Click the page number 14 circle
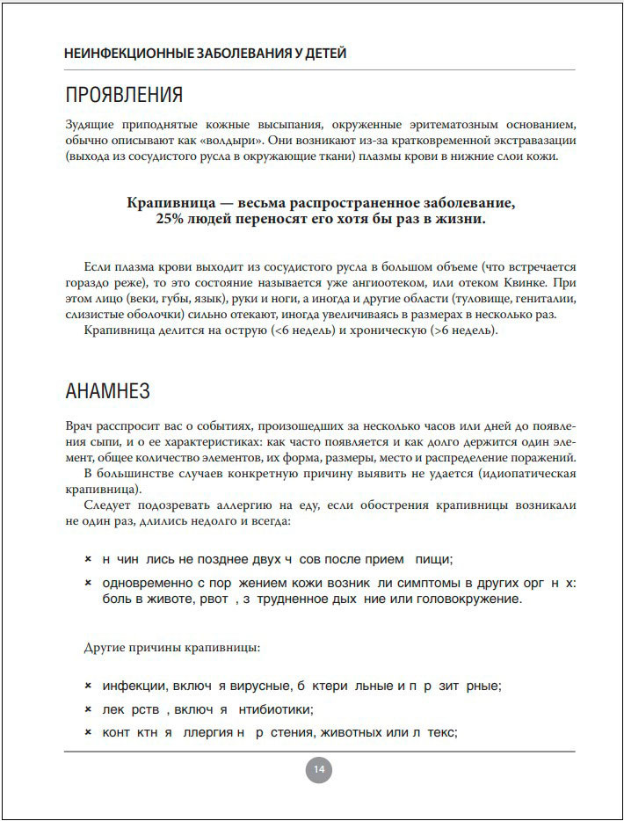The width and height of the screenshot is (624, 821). [x=318, y=770]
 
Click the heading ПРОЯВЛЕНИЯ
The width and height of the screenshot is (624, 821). [x=124, y=95]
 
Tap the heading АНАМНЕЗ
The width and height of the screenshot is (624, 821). [x=108, y=391]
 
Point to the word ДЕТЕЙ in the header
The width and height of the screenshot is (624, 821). [x=323, y=53]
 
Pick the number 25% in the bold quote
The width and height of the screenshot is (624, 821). [x=171, y=219]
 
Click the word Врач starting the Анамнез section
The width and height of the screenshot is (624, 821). [x=80, y=425]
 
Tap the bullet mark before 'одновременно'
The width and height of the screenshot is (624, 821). [x=88, y=584]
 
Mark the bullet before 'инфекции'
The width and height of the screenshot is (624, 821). [x=88, y=686]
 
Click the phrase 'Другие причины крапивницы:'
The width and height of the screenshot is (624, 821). [x=171, y=648]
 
